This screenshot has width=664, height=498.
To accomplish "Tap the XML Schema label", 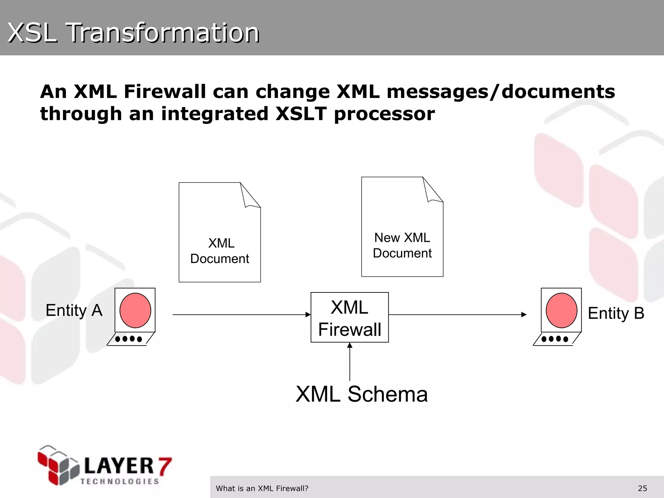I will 362,394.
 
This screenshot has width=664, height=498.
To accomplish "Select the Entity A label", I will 74,311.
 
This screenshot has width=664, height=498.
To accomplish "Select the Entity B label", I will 616,314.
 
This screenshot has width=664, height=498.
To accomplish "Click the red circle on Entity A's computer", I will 135,310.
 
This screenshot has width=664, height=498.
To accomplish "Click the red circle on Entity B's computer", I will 561,310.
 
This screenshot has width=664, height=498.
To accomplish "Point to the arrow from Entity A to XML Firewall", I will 241,314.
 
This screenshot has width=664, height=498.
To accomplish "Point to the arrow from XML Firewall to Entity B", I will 457,314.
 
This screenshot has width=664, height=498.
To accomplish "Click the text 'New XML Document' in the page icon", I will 402,245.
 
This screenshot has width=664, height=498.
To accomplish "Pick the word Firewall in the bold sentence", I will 165,92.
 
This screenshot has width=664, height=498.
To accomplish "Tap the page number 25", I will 642,488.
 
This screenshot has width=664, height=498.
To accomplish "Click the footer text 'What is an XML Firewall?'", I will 262,488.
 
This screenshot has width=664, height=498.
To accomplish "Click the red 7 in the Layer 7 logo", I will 164,466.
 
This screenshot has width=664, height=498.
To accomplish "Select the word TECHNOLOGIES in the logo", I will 120,481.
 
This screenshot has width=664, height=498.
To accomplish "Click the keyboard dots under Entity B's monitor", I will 554,339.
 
